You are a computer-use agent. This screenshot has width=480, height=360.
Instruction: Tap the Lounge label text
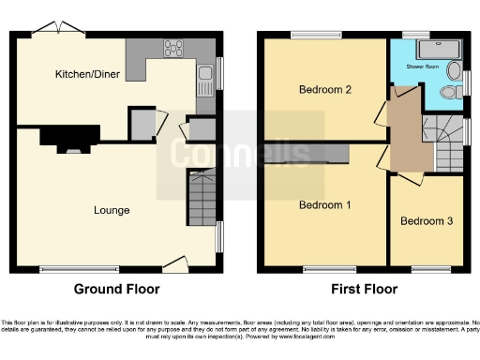pos(111,209)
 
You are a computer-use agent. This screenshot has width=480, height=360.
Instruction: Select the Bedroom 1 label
pos(324,204)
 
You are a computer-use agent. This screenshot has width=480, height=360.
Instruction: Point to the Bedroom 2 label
pos(324,90)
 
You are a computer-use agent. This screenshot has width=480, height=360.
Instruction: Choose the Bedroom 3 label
pos(427,221)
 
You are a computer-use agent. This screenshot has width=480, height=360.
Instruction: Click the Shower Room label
pos(423,67)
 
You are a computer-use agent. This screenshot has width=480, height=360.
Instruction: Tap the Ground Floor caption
pos(116,289)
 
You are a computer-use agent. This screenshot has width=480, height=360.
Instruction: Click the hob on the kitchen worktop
pos(174,46)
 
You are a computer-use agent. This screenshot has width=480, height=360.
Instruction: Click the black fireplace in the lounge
pos(70,140)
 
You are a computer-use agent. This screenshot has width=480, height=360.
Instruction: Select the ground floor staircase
pos(202,200)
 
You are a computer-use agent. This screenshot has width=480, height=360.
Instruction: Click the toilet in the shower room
pos(449,92)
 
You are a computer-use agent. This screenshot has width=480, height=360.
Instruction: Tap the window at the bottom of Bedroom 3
pos(430,270)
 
